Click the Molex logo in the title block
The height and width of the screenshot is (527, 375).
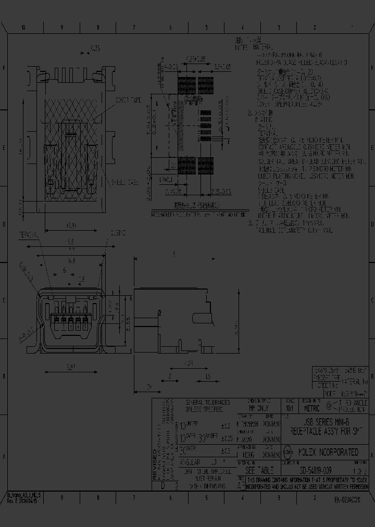pyautogui.click(x=287, y=451)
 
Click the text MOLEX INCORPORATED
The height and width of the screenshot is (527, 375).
pyautogui.click(x=328, y=452)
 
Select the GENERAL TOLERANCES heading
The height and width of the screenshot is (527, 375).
pyautogui.click(x=207, y=403)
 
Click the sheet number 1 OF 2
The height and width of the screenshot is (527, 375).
pyautogui.click(x=360, y=470)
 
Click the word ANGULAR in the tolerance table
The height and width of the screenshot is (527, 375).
pyautogui.click(x=191, y=461)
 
